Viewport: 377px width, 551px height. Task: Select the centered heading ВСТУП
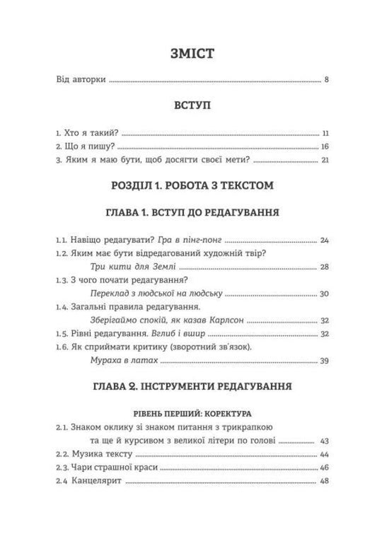pyautogui.click(x=188, y=106)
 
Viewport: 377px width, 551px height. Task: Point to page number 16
pyautogui.click(x=325, y=146)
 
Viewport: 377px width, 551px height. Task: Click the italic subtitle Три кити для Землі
pyautogui.click(x=134, y=267)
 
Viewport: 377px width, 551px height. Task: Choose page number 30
pyautogui.click(x=325, y=294)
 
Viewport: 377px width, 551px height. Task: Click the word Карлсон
pyautogui.click(x=225, y=320)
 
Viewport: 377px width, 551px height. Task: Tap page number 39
pyautogui.click(x=325, y=360)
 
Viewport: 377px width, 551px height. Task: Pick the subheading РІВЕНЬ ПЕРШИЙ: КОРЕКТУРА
pyautogui.click(x=188, y=412)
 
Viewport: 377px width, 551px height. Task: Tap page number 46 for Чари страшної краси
pyautogui.click(x=325, y=467)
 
